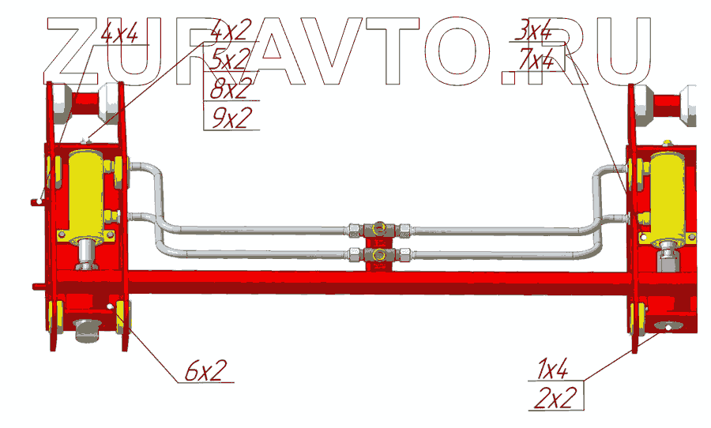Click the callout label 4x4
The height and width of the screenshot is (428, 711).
(x=119, y=34)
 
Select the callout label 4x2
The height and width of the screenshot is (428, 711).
(x=231, y=32)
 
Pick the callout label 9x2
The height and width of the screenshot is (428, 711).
(x=231, y=117)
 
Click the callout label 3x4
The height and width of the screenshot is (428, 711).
(x=532, y=32)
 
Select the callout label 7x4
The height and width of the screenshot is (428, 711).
(x=537, y=59)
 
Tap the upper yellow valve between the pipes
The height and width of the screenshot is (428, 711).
(x=379, y=230)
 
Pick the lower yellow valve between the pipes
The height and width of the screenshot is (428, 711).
(x=379, y=255)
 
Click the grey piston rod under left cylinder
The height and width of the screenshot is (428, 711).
(x=85, y=254)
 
